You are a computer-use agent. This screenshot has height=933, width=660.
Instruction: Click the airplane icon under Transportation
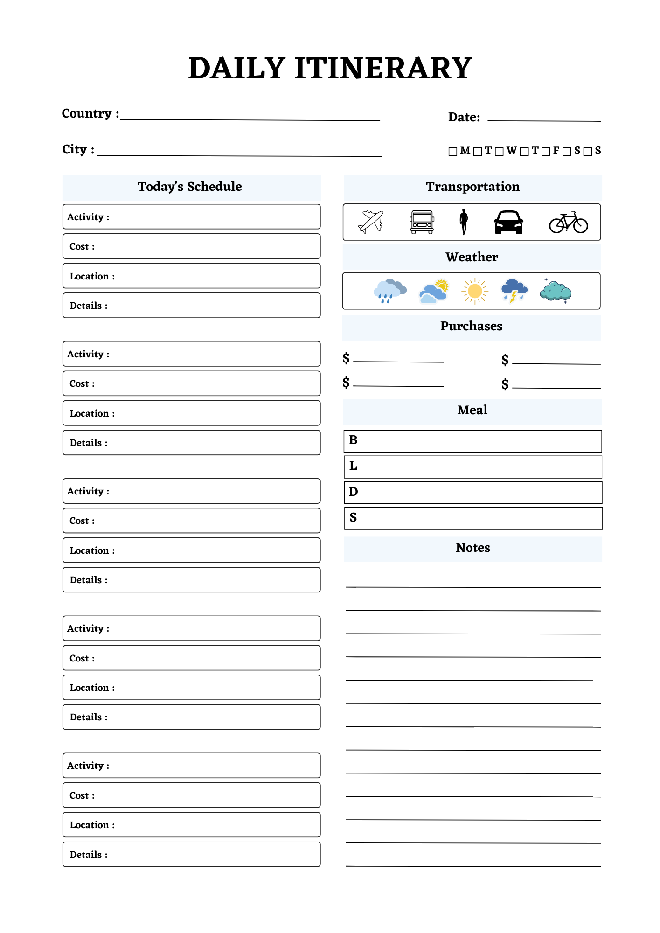coord(371,222)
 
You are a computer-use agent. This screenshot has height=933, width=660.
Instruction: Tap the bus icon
coord(422,223)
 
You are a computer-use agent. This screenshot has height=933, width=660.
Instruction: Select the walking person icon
coord(464,222)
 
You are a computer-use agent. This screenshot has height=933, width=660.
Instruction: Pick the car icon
coord(508,223)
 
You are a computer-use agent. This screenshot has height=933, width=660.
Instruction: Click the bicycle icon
coord(568,223)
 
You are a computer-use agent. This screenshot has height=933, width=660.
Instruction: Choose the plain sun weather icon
coord(475,291)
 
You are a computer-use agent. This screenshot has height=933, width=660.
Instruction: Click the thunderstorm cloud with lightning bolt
coord(514,291)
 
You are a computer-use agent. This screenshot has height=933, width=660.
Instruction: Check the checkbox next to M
coord(452,152)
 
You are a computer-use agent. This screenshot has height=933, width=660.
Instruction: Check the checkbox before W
coord(499,152)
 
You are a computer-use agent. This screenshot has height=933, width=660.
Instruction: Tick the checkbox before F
coord(546,152)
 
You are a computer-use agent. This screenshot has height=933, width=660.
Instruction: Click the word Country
coord(87,114)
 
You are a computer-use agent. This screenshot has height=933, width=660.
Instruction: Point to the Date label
coord(464,117)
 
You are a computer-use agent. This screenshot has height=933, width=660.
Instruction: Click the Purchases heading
coord(471,326)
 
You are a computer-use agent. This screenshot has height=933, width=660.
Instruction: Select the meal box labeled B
coord(472,441)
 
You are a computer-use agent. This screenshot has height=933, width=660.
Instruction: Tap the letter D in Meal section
coord(353,492)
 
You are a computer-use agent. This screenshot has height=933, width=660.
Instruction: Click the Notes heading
coord(472,548)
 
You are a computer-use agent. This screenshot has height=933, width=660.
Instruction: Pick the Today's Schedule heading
coord(190,187)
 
